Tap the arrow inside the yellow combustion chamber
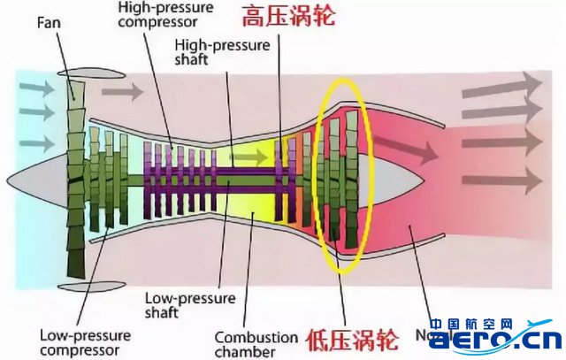pyautogui.click(x=259, y=157)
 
